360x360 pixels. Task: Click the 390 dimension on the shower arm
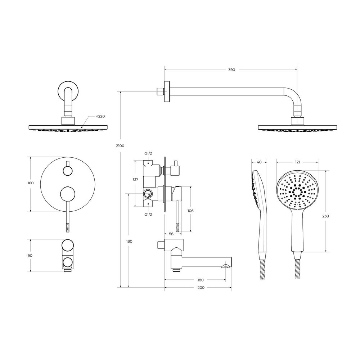click(x=231, y=69)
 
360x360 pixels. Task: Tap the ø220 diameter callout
click(x=100, y=116)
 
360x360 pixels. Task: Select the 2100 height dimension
click(x=120, y=146)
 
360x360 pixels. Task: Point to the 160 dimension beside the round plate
click(x=31, y=183)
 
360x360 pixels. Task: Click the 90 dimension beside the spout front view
click(x=30, y=256)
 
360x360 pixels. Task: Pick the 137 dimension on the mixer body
click(x=135, y=179)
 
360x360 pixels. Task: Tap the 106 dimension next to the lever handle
click(x=190, y=211)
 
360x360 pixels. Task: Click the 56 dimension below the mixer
click(x=171, y=234)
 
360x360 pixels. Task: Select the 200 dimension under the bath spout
click(x=201, y=288)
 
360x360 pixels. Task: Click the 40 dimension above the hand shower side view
click(x=259, y=162)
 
